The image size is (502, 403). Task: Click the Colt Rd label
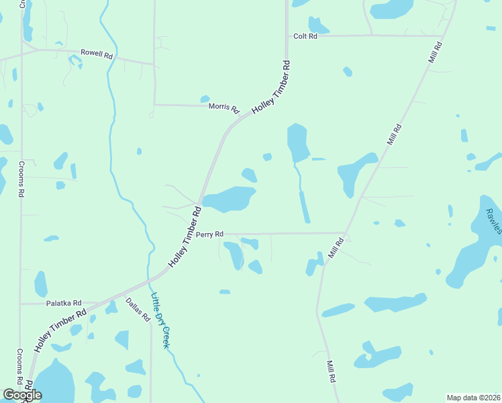[305, 36]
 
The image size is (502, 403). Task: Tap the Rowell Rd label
[96, 53]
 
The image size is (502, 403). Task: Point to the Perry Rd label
[209, 234]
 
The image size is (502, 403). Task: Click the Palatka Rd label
[64, 304]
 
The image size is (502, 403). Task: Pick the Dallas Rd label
[138, 310]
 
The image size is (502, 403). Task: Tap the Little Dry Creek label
[160, 321]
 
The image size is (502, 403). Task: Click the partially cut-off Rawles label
[493, 220]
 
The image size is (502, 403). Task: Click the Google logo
[23, 394]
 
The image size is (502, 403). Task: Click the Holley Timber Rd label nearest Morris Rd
[271, 88]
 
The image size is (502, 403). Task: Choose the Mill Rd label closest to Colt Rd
[435, 53]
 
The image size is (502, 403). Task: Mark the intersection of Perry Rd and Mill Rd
[345, 234]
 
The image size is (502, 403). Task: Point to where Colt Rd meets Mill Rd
[443, 36]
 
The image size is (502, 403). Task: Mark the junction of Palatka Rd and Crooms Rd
[21, 304]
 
